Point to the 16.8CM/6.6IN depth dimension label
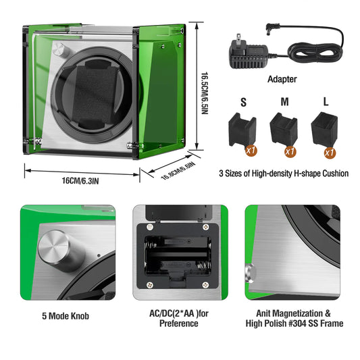[x=177, y=171]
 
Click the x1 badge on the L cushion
[x=329, y=153]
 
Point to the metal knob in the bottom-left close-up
[x=60, y=247]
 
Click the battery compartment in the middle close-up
[x=179, y=253]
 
